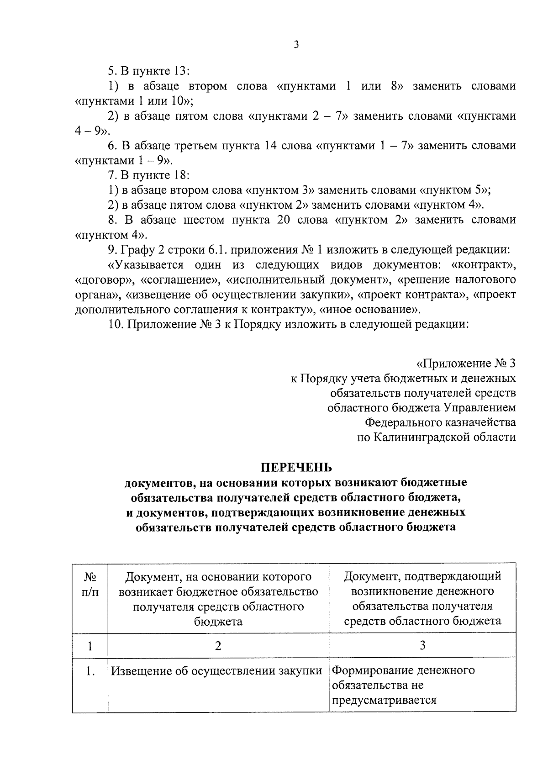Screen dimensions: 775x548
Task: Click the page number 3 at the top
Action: point(296,45)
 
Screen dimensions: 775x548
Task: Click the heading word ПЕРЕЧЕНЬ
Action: point(296,467)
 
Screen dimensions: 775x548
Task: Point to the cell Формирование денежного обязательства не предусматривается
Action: point(403,685)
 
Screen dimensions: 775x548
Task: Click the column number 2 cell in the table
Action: point(218,645)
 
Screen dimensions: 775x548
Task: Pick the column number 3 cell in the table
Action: point(422,645)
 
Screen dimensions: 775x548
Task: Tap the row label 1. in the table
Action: point(90,671)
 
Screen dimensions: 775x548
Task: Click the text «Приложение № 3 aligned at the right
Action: point(465,364)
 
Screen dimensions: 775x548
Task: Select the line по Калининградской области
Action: point(436,437)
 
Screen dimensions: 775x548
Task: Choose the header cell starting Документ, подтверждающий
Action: point(422,598)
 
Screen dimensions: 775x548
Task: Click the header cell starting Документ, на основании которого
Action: point(218,598)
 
